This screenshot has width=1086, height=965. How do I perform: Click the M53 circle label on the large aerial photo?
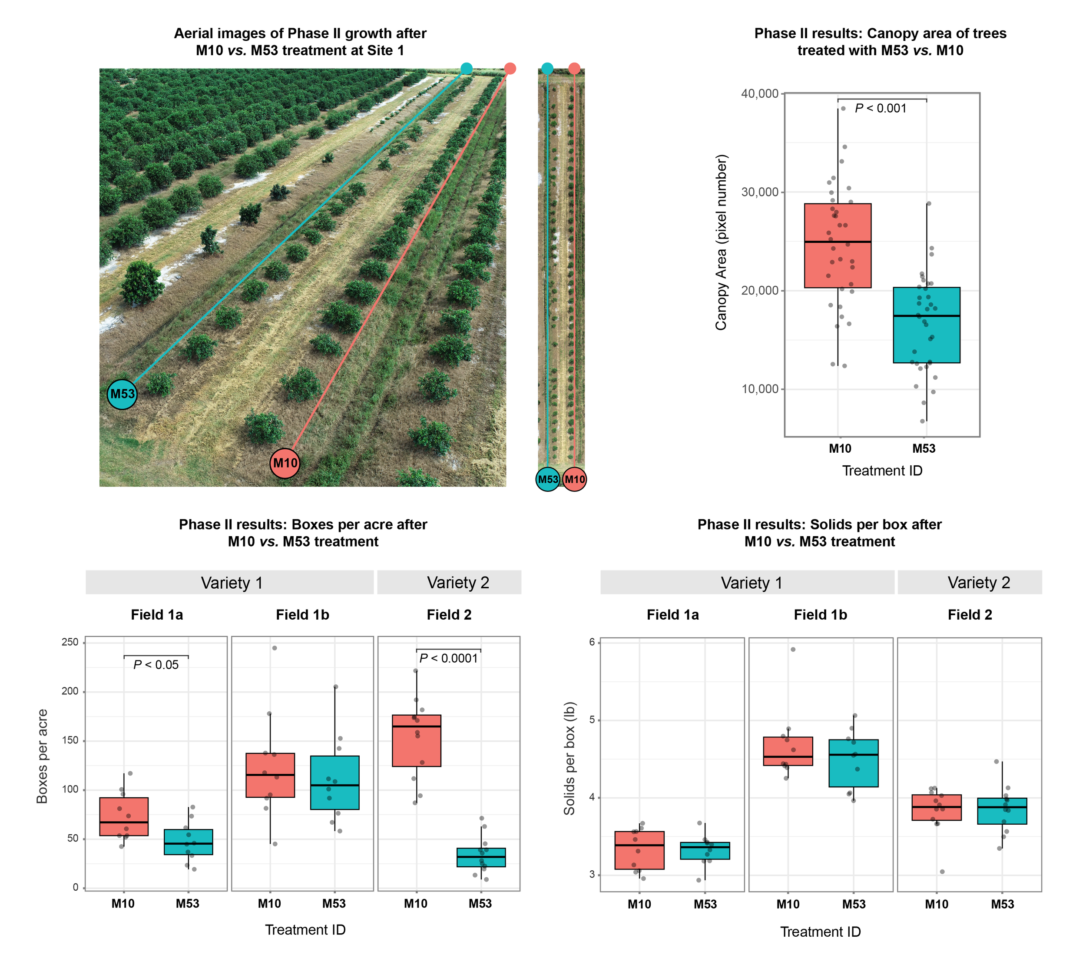pos(122,394)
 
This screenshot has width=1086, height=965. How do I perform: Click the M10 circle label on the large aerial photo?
pos(285,463)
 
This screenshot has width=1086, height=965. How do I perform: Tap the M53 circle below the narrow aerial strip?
pos(548,479)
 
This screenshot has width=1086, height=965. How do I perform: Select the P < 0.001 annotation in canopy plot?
pos(881,108)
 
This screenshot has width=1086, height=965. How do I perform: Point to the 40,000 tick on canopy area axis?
pos(759,93)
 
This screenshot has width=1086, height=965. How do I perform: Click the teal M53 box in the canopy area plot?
pos(926,340)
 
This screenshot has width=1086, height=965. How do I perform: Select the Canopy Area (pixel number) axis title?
pos(721,242)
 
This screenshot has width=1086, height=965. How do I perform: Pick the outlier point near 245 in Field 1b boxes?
pos(275,648)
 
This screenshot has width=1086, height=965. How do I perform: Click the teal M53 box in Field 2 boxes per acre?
pos(481,858)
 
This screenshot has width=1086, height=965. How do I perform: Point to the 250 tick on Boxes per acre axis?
pos(70,643)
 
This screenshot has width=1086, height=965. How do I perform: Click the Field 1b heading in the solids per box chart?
pos(820,615)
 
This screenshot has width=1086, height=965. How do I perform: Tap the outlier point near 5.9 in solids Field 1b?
pos(793,650)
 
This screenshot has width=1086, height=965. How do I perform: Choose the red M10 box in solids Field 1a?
pos(639,850)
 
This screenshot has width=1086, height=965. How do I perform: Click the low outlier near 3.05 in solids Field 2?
pos(942,872)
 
